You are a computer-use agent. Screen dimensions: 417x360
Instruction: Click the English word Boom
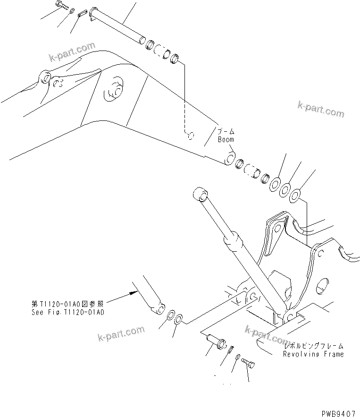(226, 140)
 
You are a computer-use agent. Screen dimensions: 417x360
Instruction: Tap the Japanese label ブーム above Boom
(226, 132)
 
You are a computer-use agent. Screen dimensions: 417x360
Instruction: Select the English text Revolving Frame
(313, 354)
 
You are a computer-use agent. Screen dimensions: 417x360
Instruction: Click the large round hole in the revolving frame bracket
(322, 286)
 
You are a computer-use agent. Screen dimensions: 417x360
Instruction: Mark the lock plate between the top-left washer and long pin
(83, 14)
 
